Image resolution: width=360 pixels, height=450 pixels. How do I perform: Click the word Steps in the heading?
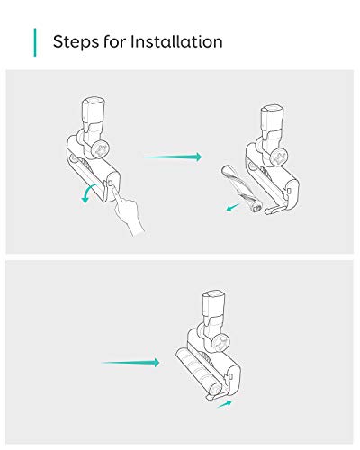(x=76, y=42)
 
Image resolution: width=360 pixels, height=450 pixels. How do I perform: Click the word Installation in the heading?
(x=176, y=41)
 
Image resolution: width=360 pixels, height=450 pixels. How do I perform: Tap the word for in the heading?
(x=114, y=41)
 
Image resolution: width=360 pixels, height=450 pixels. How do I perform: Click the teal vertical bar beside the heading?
(x=35, y=42)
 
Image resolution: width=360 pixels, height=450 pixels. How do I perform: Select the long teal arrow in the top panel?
(x=173, y=157)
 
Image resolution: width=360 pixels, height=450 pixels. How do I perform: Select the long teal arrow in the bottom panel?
(x=130, y=363)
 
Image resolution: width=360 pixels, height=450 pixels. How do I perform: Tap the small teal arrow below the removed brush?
(x=233, y=207)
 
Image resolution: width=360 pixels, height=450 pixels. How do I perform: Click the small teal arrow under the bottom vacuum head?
(x=225, y=404)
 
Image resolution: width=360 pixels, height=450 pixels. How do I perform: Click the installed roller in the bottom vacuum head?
(x=199, y=372)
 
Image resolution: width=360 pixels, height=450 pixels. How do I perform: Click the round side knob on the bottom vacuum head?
(x=220, y=344)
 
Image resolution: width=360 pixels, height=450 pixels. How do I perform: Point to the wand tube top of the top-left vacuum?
(x=94, y=111)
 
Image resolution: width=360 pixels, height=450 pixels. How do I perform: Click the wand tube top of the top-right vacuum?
(x=271, y=118)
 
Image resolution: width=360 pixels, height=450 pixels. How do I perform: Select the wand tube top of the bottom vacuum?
(x=213, y=303)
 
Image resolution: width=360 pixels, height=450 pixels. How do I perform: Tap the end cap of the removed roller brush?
(x=257, y=208)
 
